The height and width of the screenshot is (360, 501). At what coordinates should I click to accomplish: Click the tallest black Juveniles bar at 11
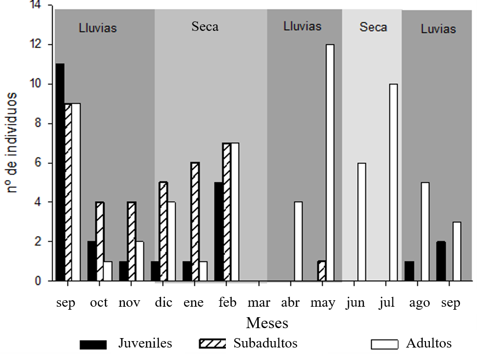(x=60, y=172)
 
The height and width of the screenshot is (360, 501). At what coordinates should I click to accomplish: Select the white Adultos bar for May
(x=330, y=163)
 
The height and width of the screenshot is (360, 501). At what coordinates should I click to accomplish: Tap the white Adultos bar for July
(x=394, y=182)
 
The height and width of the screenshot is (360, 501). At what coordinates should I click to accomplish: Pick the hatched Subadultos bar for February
(x=226, y=212)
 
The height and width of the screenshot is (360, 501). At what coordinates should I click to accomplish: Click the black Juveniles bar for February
(x=218, y=232)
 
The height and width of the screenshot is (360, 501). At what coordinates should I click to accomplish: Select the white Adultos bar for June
(x=362, y=222)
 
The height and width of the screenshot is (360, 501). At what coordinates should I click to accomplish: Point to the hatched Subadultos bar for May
(x=322, y=271)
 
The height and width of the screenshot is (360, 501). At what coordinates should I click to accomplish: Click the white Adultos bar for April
(x=298, y=241)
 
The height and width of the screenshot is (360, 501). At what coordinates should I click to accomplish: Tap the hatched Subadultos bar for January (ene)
(x=195, y=222)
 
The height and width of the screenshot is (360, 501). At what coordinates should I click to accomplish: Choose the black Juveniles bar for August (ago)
(x=409, y=271)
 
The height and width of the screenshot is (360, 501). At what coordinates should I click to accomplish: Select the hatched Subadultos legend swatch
(x=212, y=344)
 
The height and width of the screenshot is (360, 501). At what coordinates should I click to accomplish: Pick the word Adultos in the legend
(x=429, y=343)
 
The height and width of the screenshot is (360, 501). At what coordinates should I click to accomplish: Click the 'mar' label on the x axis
(x=259, y=303)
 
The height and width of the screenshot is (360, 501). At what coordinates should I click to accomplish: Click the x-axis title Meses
(x=267, y=323)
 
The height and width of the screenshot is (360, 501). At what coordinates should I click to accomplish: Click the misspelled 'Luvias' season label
(x=438, y=28)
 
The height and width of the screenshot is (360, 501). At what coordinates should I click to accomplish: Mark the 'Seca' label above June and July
(x=373, y=26)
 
